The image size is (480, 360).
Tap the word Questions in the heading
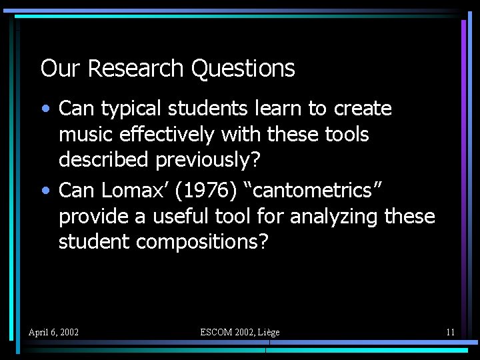[243, 68]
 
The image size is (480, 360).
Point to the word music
[87, 135]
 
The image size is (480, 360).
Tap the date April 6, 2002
[53, 332]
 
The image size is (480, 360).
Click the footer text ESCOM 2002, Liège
[240, 332]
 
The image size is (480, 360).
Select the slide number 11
[451, 332]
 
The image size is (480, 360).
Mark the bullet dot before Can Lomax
[45, 191]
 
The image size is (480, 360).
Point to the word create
[363, 109]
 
